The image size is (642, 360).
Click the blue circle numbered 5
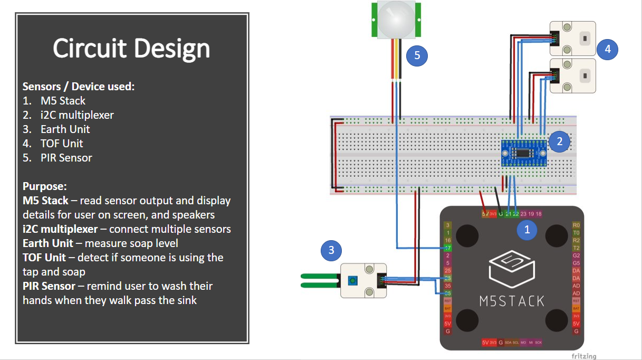pos(417,56)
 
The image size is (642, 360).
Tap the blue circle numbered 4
pos(608,49)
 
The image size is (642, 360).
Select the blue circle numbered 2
pos(560,141)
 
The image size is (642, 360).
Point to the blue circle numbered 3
pos(331,250)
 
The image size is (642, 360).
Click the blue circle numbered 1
pos(526,230)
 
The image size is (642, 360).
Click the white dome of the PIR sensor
pos(396,17)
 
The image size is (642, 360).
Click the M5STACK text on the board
pos(512,301)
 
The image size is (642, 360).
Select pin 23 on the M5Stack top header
pos(523,214)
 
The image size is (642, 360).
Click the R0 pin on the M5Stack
pos(576,225)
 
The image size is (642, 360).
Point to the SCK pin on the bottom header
pos(538,343)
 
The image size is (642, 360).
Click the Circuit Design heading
pos(131,49)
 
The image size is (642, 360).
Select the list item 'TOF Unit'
pos(61,144)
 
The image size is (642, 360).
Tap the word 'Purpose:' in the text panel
pos(44,186)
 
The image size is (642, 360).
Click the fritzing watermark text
pos(583,356)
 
